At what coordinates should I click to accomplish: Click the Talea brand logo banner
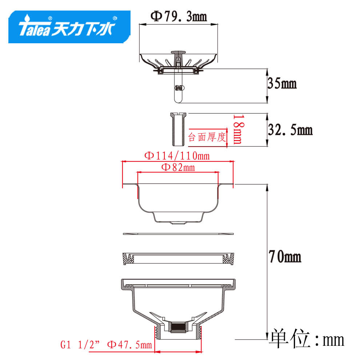point(69,27)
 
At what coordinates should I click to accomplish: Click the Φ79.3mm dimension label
point(179,16)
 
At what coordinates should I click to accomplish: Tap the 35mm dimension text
point(282,83)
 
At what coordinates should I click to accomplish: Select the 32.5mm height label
point(290,129)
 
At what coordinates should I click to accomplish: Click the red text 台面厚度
point(207,137)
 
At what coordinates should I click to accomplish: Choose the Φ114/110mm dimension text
point(177,156)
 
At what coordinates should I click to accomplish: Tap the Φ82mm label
point(178,167)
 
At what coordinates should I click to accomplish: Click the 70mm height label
point(285,256)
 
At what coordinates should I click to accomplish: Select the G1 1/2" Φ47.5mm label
point(106,345)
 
